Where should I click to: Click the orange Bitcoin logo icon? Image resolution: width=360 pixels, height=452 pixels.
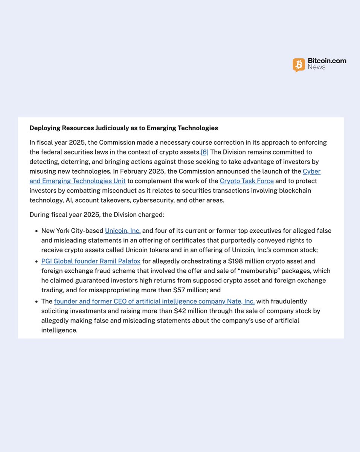(x=299, y=65)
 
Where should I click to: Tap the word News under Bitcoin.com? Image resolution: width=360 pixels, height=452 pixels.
(x=317, y=67)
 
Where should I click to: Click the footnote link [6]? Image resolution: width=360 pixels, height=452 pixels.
(x=204, y=152)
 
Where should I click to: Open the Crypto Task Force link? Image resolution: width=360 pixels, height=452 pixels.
(x=247, y=181)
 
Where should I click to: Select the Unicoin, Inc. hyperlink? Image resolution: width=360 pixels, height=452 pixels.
(x=123, y=231)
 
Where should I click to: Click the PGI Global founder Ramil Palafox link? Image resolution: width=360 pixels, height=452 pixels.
(x=91, y=261)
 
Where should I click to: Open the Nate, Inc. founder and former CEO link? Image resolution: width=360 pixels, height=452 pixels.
(x=154, y=301)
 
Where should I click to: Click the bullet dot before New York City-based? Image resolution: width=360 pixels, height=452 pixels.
(x=36, y=231)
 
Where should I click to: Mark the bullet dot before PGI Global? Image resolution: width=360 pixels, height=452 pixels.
(x=36, y=261)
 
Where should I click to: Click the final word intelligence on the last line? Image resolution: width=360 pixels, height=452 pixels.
(x=59, y=330)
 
